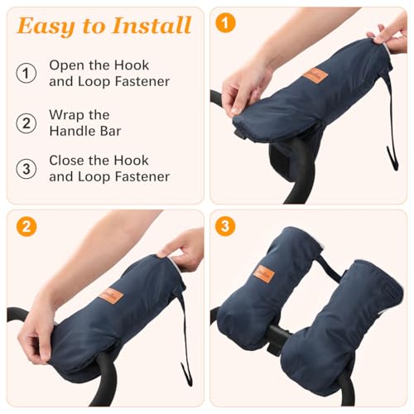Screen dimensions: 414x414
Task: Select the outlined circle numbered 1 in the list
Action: (x=27, y=72)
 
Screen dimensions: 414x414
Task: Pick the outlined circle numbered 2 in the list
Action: (x=27, y=123)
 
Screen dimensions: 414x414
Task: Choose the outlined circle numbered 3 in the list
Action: (x=27, y=168)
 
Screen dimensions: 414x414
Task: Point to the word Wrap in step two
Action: (x=66, y=114)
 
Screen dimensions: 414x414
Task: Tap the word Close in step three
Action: (x=67, y=160)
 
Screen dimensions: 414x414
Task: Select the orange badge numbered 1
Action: (x=225, y=22)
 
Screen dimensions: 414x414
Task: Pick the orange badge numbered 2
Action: (x=26, y=226)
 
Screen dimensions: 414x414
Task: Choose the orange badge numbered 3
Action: (x=225, y=226)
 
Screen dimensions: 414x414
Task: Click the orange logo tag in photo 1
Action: (x=315, y=76)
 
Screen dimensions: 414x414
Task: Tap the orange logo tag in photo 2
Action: (x=111, y=295)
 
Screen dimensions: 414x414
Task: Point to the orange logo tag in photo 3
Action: (x=262, y=274)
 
